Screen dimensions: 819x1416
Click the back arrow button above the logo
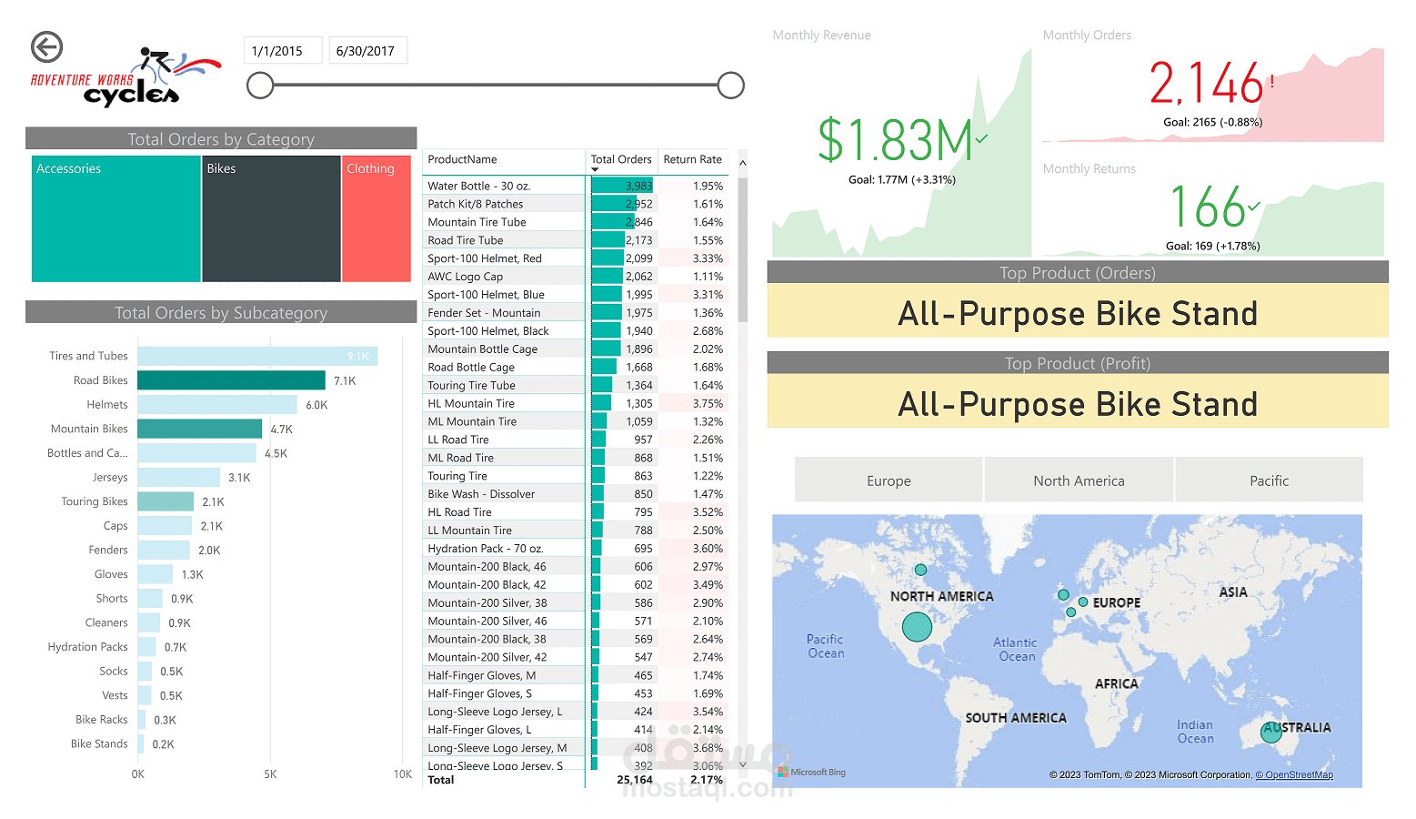tap(46, 47)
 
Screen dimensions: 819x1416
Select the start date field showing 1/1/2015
tap(282, 51)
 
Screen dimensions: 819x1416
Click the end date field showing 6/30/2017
tap(367, 51)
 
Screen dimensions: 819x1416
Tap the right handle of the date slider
tap(730, 86)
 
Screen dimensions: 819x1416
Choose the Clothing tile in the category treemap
tap(377, 218)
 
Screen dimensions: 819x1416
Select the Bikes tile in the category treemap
tap(271, 218)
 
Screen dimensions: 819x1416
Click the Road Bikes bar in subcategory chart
tap(231, 380)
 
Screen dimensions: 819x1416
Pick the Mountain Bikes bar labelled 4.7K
tap(199, 429)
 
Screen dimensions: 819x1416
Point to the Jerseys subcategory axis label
tap(110, 478)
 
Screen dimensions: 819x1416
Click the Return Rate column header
tap(692, 160)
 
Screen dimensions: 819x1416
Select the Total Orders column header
tap(621, 160)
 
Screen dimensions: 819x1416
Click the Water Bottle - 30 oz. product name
tap(478, 186)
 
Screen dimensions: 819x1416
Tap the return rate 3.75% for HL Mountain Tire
tap(708, 404)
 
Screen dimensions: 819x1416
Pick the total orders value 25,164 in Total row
tap(634, 780)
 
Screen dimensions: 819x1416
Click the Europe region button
tap(889, 480)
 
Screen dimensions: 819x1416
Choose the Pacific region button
tap(1269, 480)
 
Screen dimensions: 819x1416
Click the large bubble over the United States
tap(917, 626)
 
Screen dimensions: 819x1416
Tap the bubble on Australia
tap(1271, 732)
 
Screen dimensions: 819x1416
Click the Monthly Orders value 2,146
tap(1206, 84)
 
